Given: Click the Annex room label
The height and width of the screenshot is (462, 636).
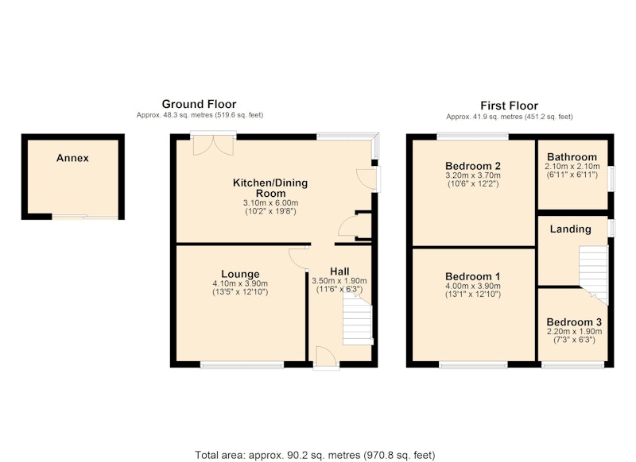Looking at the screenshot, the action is click(72, 158).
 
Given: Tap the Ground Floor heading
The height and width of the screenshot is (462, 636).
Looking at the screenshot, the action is click(199, 104).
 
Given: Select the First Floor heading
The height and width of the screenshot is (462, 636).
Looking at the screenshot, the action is click(509, 106).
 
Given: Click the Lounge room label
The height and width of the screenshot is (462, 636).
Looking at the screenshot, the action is click(240, 275).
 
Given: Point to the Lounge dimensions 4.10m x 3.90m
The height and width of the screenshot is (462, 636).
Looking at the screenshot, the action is click(240, 283).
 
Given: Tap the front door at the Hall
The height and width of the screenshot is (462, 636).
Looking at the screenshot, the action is click(326, 358).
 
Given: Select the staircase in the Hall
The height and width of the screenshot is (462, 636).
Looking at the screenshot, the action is click(358, 319).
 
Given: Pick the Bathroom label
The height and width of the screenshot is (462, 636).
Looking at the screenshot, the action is click(572, 157).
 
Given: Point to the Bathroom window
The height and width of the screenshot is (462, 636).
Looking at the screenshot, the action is click(611, 178).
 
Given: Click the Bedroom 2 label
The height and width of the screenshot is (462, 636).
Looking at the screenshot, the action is click(473, 166).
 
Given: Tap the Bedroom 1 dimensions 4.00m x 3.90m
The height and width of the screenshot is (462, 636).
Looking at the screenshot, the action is click(473, 286).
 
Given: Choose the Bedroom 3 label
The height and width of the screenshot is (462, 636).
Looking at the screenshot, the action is click(574, 322).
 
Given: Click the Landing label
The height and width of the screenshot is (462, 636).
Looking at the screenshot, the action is click(570, 229).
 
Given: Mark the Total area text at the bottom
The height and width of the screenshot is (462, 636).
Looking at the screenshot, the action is click(315, 455).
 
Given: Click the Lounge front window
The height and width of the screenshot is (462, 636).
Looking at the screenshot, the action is click(242, 365).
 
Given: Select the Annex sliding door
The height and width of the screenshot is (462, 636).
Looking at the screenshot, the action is click(85, 217).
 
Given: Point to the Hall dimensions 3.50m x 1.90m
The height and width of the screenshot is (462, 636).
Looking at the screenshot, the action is click(339, 280).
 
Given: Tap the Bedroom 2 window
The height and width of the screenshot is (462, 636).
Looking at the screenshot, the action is click(472, 137).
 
